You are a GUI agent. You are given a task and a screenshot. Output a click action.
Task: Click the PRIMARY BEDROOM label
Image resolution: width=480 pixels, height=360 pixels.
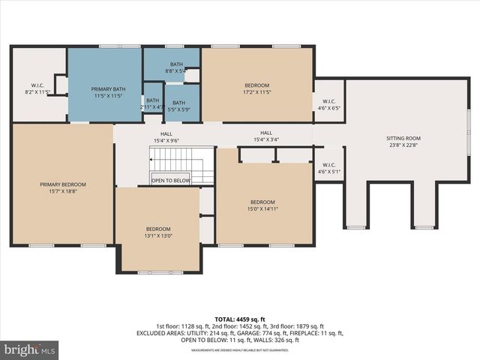pos(63,184)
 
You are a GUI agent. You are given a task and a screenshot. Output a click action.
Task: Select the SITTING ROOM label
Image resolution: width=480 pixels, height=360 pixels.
pos(403,139)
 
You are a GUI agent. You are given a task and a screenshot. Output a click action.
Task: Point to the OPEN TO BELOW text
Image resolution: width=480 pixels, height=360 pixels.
pos(171,181)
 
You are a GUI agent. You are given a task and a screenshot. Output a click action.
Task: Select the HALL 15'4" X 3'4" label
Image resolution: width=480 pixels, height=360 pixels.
pos(266,136)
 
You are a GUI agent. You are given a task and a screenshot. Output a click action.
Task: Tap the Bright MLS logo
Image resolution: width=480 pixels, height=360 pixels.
pos(30,349)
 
